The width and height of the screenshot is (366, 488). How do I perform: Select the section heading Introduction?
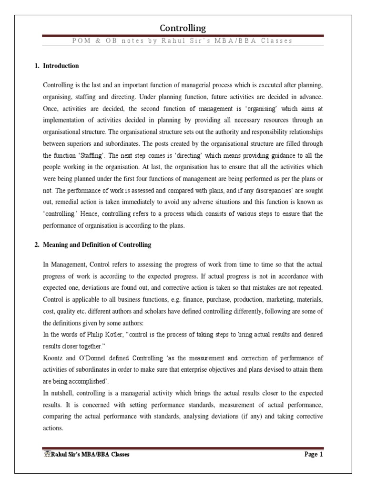point(61,66)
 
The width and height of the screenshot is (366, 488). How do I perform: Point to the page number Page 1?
point(314,454)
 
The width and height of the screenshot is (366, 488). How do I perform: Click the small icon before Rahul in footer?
point(46,454)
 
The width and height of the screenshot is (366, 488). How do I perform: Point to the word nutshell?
point(61,394)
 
